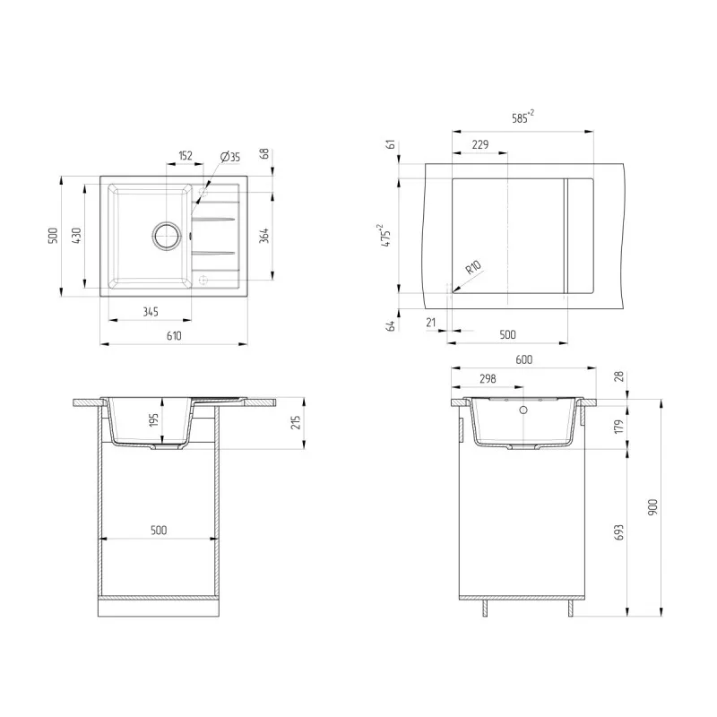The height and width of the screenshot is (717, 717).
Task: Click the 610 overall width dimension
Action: coord(174,336)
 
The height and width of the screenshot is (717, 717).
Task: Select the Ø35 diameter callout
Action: coord(230,157)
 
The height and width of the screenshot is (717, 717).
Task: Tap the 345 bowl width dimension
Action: coord(151,312)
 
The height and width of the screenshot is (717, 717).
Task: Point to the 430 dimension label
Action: coord(77,236)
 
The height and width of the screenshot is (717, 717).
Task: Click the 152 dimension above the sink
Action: coord(186,155)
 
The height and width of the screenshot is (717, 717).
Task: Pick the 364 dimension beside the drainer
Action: coord(264,236)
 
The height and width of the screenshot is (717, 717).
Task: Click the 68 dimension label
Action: coord(264,153)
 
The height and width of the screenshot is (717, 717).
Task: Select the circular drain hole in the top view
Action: coord(167,236)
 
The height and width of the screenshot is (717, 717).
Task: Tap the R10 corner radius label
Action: coord(473,266)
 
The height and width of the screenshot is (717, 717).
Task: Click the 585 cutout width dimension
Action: coord(523,117)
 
